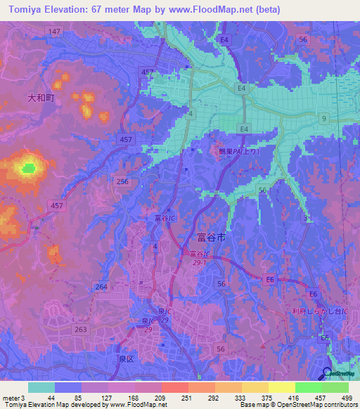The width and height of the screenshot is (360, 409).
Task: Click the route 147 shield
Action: click(55, 32)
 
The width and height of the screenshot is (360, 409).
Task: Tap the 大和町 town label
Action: click(41, 99)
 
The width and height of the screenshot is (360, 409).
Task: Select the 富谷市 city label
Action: click(212, 239)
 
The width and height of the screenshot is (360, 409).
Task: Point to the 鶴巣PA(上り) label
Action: click(240, 150)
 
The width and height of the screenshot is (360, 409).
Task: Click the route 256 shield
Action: click(122, 181)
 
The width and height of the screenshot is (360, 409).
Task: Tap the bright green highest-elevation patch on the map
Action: click(28, 168)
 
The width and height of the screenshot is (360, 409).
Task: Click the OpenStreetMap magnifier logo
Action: click(328, 375)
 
